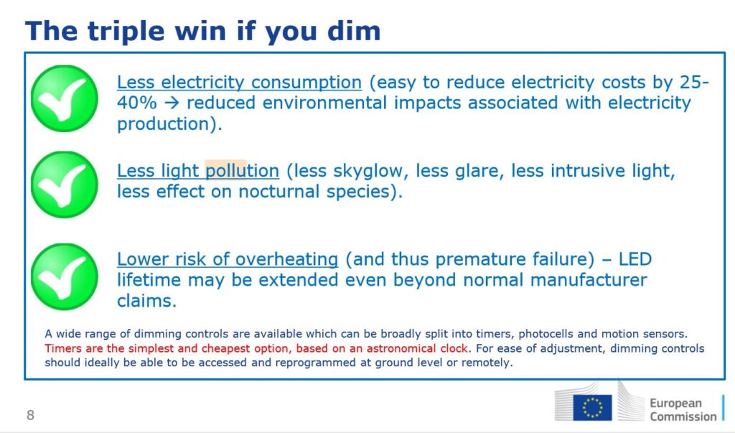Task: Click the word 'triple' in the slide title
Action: tap(126, 32)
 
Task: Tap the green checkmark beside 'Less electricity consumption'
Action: tap(64, 98)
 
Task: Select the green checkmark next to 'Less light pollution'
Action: tap(64, 185)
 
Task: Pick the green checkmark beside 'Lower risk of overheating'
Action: tap(64, 276)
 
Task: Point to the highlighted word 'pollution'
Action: tap(243, 171)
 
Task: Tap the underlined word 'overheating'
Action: tap(286, 259)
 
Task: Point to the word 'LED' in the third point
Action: tap(635, 259)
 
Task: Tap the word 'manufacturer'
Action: tap(589, 280)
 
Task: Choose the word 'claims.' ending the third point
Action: tap(146, 301)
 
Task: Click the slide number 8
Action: tap(30, 415)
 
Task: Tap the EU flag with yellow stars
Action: tap(592, 407)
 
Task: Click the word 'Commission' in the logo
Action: tap(683, 416)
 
